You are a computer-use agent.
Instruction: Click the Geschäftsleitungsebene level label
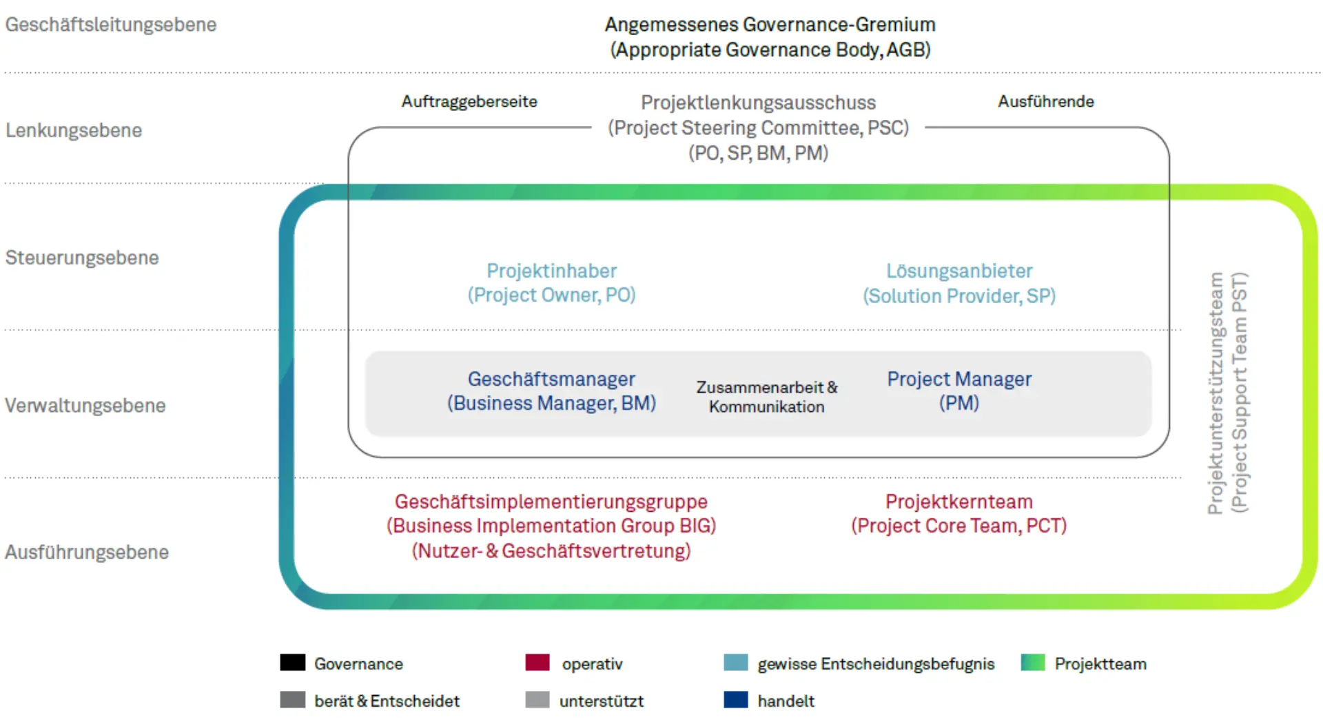tap(110, 25)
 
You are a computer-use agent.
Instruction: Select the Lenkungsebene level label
tap(74, 130)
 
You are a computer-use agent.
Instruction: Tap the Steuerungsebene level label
tap(82, 258)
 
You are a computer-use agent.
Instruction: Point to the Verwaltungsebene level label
tap(85, 405)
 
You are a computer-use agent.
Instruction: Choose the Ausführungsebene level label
tap(87, 552)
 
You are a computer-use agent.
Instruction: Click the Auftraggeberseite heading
tap(469, 101)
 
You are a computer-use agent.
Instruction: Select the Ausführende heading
tap(1045, 101)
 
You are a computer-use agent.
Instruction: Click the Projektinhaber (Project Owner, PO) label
tap(551, 282)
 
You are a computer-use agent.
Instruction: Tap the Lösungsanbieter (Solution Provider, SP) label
tap(959, 283)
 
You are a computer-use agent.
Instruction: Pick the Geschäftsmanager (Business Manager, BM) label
tap(551, 391)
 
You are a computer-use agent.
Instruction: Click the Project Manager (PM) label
tap(959, 391)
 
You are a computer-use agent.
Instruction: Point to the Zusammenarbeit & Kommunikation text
tap(767, 397)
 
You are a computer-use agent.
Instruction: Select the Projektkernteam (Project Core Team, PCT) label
tap(958, 513)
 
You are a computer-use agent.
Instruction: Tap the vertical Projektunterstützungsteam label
tap(1228, 393)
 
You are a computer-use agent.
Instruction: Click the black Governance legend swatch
tap(293, 663)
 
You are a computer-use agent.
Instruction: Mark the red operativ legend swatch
tap(537, 663)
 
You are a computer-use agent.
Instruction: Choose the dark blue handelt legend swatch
tap(736, 700)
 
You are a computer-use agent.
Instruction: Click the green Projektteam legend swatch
tap(1033, 663)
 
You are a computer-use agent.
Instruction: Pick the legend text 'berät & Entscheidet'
tap(387, 701)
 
